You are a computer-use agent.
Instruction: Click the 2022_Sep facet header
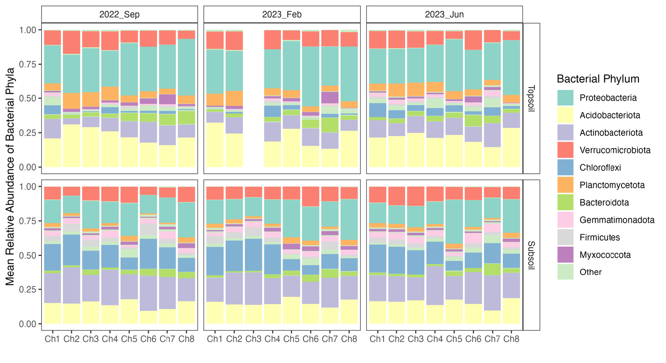coord(119,14)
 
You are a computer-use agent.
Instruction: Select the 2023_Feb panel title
coord(282,14)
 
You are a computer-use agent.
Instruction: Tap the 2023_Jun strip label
coord(444,14)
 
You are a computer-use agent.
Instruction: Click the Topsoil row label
coord(531,98)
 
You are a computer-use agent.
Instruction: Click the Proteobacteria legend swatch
coord(565,98)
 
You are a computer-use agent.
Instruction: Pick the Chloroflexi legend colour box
coord(565,168)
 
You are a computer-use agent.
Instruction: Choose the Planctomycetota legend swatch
coord(565,185)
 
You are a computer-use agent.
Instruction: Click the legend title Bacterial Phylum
coord(598,79)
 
